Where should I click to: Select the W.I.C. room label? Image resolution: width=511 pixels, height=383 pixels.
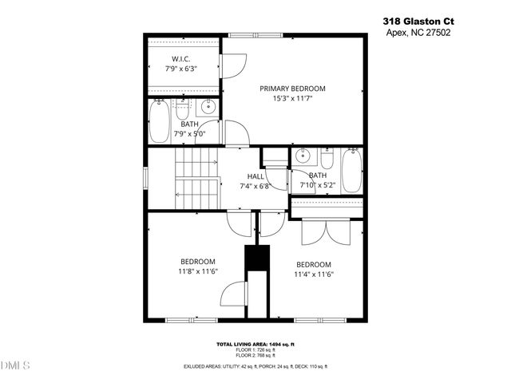click(x=180, y=58)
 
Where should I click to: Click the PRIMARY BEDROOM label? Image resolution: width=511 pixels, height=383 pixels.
click(x=292, y=89)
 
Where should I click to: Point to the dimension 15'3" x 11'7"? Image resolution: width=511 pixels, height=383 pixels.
click(x=292, y=99)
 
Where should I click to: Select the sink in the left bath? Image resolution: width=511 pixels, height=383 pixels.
click(x=209, y=109)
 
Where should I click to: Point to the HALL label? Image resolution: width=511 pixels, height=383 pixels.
click(x=255, y=176)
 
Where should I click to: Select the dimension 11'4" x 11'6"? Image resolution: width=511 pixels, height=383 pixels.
click(x=314, y=274)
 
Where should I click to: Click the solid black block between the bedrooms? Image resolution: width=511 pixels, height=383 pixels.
click(x=255, y=259)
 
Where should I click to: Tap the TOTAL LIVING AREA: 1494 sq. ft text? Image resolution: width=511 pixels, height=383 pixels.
click(x=255, y=344)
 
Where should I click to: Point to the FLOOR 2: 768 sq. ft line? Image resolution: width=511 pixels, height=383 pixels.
click(x=255, y=355)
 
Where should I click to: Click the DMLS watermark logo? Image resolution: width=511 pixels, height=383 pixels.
click(x=15, y=366)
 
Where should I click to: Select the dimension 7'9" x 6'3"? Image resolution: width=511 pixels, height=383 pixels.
click(x=180, y=69)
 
